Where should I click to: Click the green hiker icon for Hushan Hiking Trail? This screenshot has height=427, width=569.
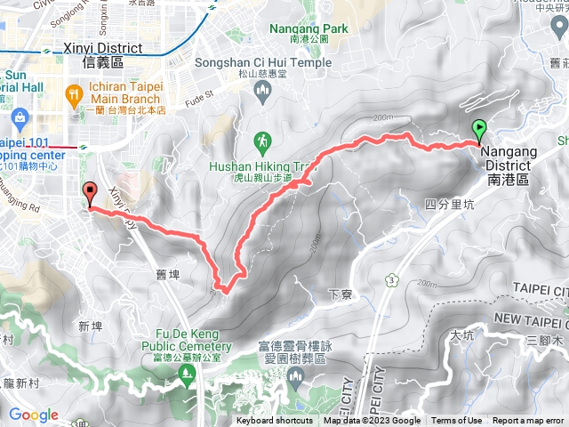tap(261, 141)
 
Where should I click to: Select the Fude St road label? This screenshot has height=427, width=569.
tap(205, 93)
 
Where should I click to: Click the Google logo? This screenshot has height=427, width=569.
tap(33, 415)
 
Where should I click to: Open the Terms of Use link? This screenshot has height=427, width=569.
tap(457, 421)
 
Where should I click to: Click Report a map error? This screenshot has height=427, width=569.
tap(529, 421)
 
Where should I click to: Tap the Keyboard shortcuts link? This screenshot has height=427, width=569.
tap(276, 421)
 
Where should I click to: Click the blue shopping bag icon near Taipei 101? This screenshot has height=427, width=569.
tap(19, 117)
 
